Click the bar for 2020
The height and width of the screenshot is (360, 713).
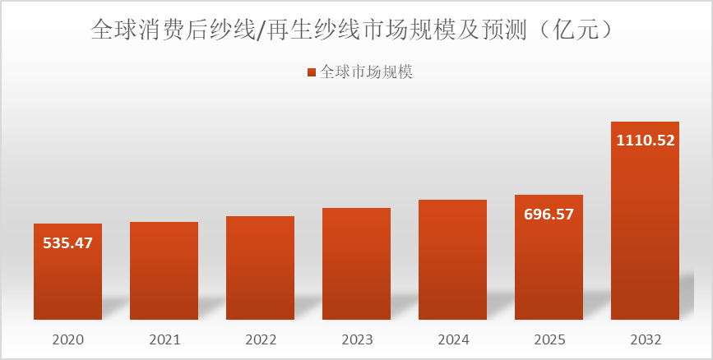point(67,279)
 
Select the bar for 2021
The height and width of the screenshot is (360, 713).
point(164,270)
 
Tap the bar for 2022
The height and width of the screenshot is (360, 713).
point(260,268)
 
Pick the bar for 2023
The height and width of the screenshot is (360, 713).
point(356,264)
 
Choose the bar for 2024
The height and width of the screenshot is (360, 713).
point(452,260)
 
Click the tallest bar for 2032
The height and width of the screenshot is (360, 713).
point(645,230)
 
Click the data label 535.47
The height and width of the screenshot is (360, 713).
point(67,242)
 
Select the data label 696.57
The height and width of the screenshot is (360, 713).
point(549,215)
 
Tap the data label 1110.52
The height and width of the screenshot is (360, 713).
point(645,141)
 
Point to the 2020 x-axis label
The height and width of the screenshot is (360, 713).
point(67,339)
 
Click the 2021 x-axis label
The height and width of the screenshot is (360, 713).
point(164,339)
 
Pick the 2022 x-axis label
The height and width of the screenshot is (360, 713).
point(260,339)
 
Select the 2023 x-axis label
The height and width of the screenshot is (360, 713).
point(356,339)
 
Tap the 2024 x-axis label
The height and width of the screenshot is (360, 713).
point(452,339)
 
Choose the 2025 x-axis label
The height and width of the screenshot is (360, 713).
point(549,339)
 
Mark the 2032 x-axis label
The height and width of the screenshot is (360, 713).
point(645,339)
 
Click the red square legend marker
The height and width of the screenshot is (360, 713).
point(311,72)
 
